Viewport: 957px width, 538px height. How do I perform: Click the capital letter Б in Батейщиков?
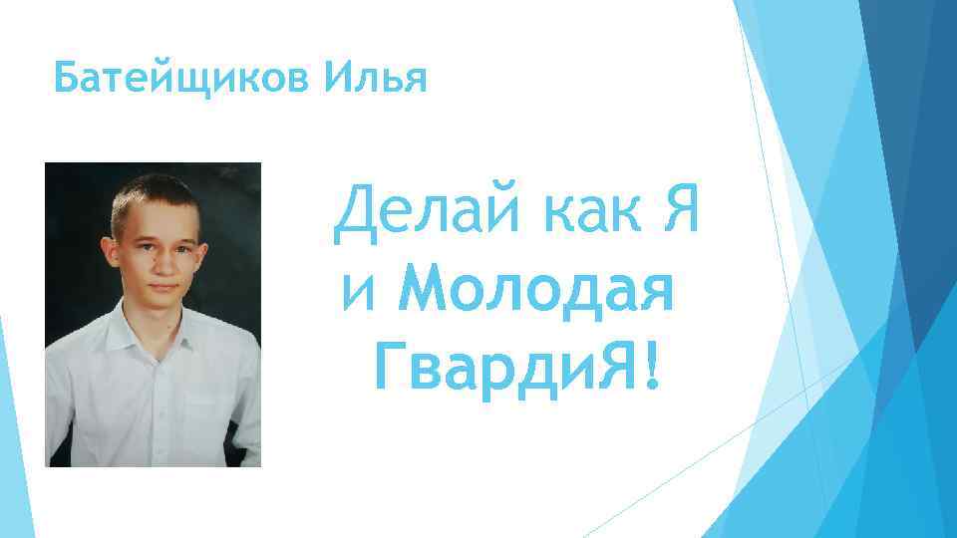click(x=66, y=79)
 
